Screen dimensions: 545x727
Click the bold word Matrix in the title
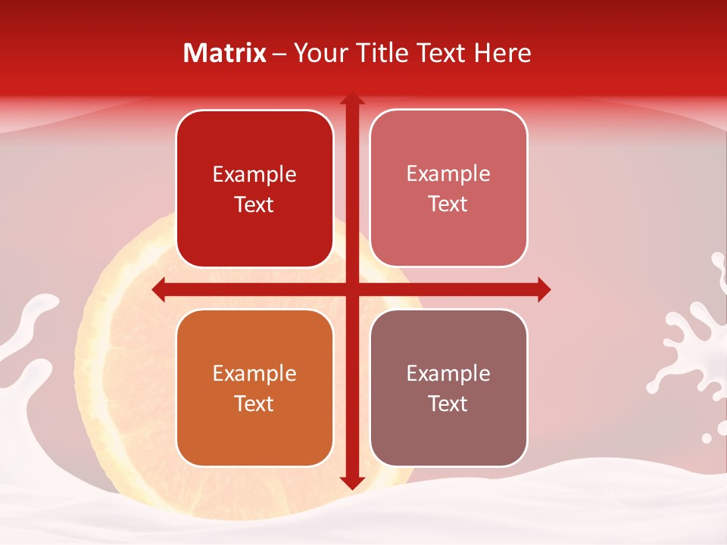pos(225,53)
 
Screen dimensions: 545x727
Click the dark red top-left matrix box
pos(254,189)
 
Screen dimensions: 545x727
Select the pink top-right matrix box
pos(448,188)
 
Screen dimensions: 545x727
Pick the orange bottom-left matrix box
pos(254,388)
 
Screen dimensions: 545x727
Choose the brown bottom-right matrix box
pos(448,388)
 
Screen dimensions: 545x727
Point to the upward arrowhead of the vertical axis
pos(351,99)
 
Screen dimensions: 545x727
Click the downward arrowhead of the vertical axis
pos(351,482)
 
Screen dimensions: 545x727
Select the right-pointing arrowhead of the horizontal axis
pos(543,289)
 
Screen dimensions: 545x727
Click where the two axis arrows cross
pos(351,289)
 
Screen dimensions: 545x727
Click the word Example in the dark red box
pos(254,175)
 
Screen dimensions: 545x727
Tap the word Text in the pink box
pos(448,204)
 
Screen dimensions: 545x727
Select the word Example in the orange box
pos(254,373)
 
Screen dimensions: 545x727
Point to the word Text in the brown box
pos(448,403)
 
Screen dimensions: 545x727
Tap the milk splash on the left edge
pos(27,333)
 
